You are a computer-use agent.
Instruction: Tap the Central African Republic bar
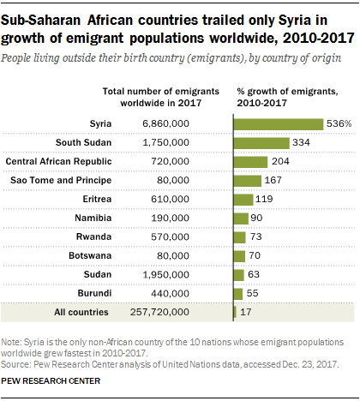point(250,161)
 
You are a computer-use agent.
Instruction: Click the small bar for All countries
point(235,312)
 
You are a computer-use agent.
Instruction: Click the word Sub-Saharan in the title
point(40,15)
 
